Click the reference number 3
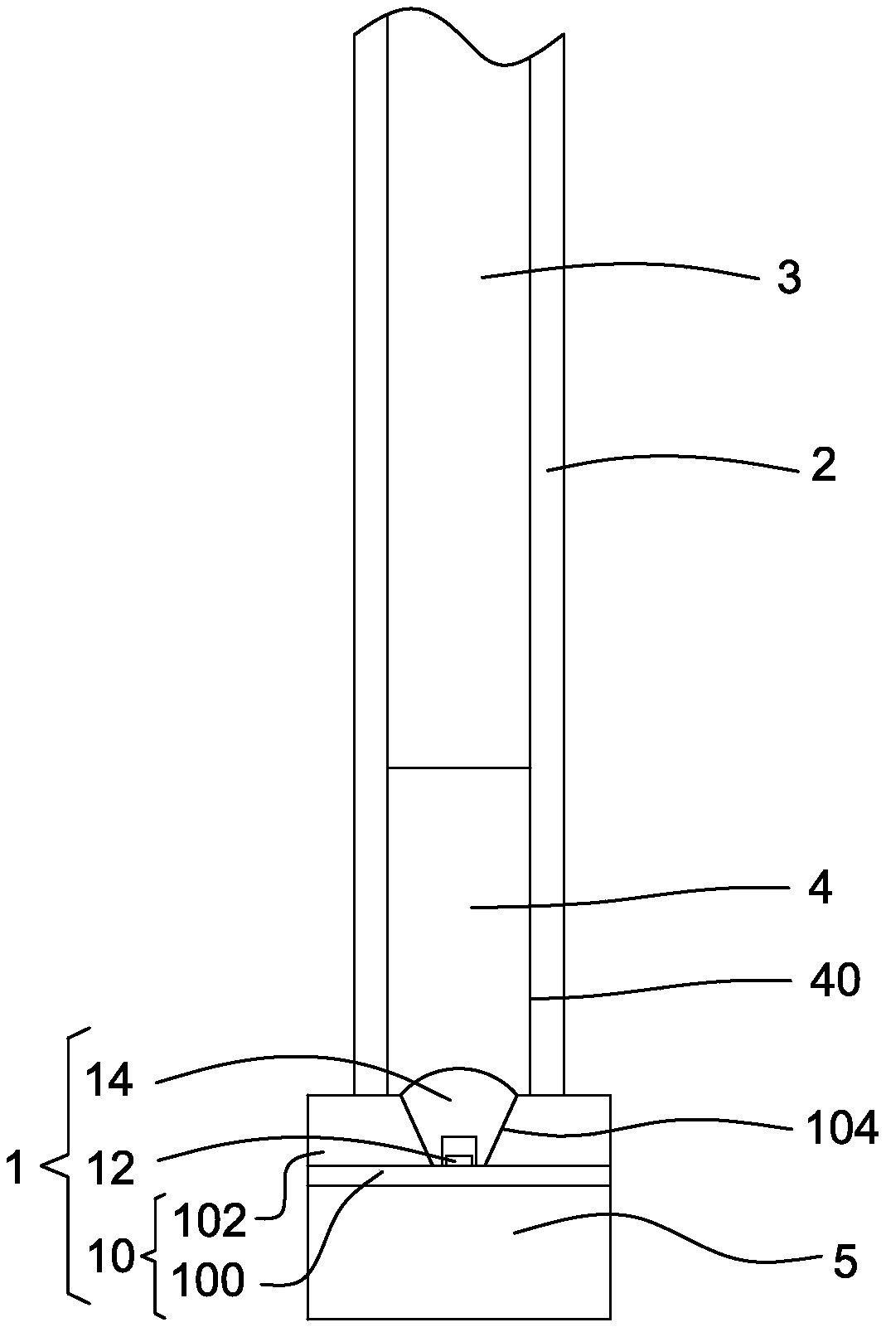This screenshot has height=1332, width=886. tap(788, 279)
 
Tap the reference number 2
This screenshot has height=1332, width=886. tap(822, 466)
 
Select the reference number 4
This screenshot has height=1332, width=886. tap(821, 889)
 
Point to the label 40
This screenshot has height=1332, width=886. tap(835, 982)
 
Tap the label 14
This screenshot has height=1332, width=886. tap(109, 1083)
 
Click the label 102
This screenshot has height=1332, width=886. tap(210, 1222)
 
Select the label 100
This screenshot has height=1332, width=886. tap(208, 1281)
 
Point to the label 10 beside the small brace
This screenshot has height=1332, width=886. tap(110, 1257)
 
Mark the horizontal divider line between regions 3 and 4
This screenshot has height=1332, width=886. tap(458, 768)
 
